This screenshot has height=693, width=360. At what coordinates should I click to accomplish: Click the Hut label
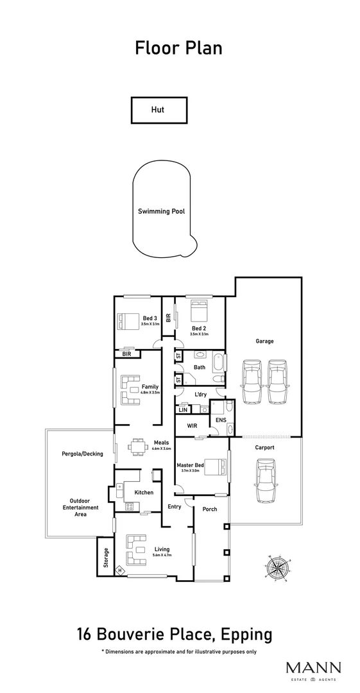tap(158, 110)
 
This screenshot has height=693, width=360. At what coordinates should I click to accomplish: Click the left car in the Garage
tap(252, 382)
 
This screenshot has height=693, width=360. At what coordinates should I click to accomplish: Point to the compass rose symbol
tap(277, 567)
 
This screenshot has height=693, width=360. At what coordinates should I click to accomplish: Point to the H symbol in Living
tap(119, 570)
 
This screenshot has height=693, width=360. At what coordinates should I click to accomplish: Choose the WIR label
tap(192, 425)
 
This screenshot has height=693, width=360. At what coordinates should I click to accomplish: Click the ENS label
tap(221, 420)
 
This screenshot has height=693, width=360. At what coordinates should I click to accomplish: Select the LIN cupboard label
tap(183, 409)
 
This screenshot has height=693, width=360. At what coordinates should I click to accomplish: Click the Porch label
tap(209, 509)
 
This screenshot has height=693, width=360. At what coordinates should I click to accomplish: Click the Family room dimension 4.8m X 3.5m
tap(150, 392)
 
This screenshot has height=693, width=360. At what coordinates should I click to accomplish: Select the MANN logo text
tap(313, 667)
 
